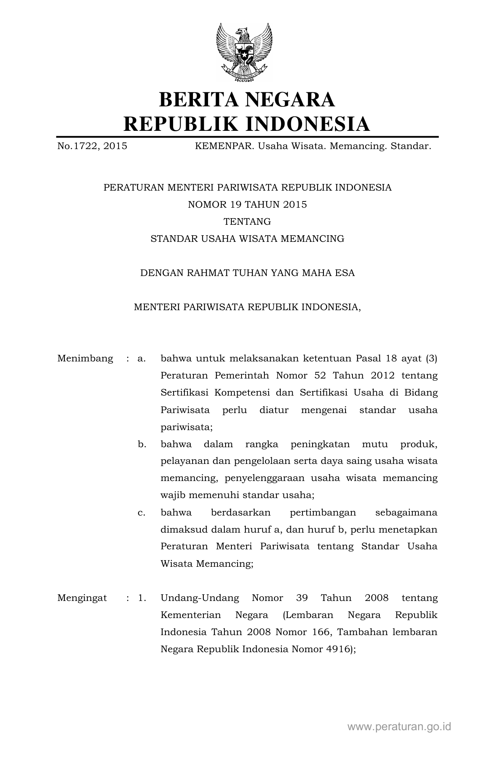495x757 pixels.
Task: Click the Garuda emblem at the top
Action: point(244,52)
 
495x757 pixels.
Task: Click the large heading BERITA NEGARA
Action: point(247,99)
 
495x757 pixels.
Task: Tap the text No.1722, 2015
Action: point(92,146)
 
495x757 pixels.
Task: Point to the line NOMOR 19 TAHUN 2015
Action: point(247,205)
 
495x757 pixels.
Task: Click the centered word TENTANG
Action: point(247,222)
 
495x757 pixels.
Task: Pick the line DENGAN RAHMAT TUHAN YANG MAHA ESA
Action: point(247,273)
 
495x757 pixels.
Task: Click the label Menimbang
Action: point(85,358)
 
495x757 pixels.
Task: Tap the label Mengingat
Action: point(82,598)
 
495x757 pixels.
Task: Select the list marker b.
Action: point(142,444)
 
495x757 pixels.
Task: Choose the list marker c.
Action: point(142,512)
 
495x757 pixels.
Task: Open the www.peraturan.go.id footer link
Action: point(399,726)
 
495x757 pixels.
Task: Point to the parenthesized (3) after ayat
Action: point(431,358)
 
